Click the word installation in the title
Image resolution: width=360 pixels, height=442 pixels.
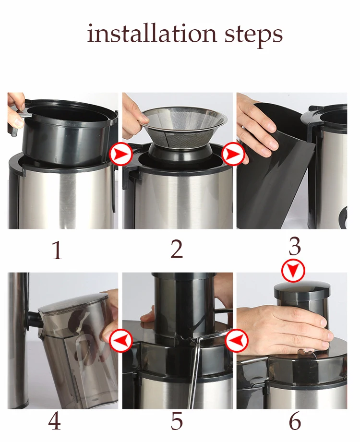tap(152, 34)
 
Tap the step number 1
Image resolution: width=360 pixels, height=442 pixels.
tap(58, 250)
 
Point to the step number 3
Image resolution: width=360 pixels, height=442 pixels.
tap(295, 246)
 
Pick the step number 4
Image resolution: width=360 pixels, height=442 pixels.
tap(54, 422)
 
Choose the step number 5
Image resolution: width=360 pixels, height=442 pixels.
tap(177, 421)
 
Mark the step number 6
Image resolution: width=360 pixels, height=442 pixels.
tap(295, 421)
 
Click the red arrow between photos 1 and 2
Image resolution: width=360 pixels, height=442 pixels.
tap(121, 154)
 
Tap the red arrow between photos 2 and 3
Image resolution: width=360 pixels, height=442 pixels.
tap(233, 154)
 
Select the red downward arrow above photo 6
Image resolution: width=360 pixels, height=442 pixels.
tap(293, 271)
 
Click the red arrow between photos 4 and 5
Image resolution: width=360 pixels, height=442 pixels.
tap(120, 340)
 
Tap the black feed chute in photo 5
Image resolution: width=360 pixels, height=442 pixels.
tap(184, 304)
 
